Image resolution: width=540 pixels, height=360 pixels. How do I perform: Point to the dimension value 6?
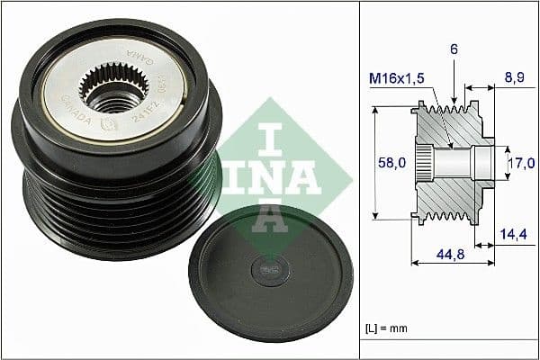tap(454, 50)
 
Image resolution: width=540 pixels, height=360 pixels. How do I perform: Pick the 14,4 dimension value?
tap(513, 233)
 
